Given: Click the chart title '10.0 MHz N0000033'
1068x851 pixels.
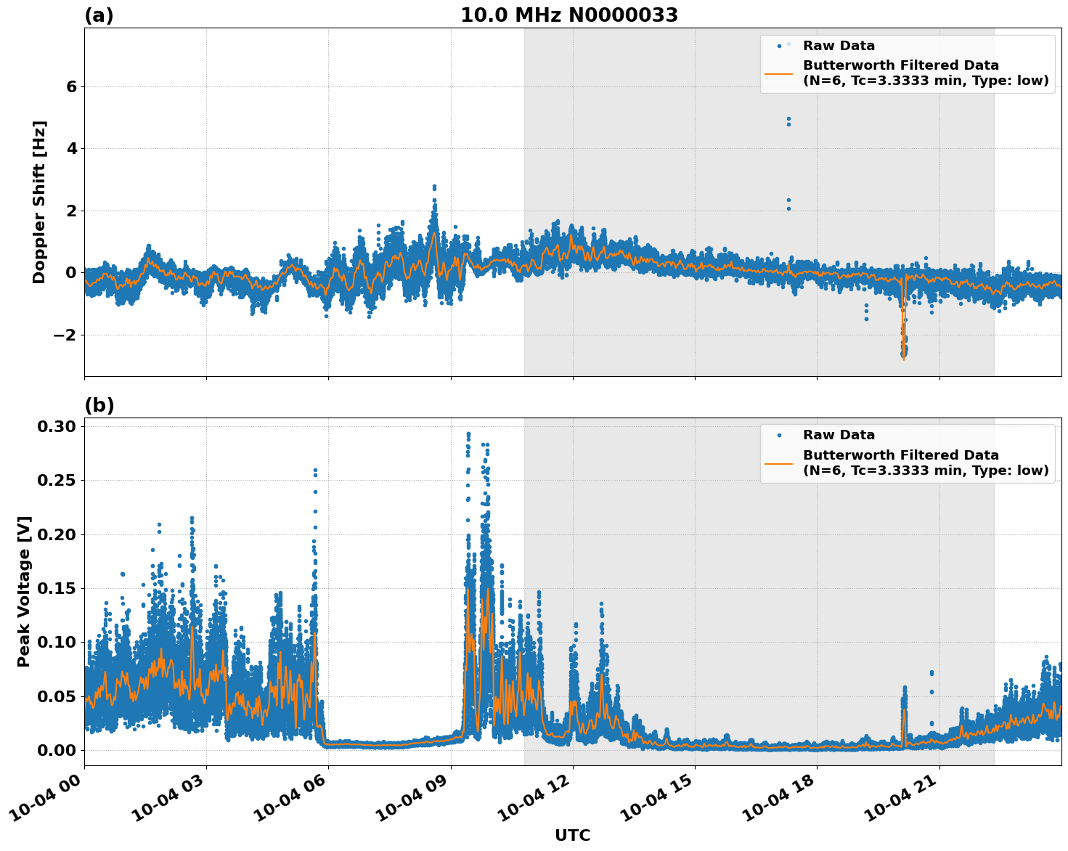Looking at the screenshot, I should pos(568,15).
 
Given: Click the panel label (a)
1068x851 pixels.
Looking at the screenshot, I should pos(99,15).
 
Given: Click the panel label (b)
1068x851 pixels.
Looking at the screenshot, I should pos(99,405).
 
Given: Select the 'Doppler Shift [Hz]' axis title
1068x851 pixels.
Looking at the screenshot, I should pos(39,202).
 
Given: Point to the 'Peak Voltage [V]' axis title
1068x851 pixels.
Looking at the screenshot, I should pos(24,591).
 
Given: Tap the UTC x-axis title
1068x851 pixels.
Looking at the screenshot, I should pos(572,835).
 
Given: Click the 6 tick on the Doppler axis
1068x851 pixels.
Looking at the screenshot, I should pos(71,86).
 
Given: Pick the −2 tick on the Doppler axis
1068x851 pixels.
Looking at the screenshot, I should pos(65,335).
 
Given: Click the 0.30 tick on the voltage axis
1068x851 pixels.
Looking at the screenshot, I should pos(57,426).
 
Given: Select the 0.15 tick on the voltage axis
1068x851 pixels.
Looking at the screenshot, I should pos(57,588).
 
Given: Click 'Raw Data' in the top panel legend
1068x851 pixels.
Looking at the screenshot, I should pos(839,46).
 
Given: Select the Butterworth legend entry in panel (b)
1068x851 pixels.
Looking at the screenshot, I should pos(925,463).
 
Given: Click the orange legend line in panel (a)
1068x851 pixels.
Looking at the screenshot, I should pos(779,73).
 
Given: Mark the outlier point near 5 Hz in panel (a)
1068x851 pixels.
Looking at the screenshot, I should pos(788,119).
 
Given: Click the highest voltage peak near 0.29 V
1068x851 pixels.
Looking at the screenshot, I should pos(468,434).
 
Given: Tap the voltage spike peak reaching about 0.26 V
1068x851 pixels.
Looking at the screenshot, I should pos(315,471).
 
